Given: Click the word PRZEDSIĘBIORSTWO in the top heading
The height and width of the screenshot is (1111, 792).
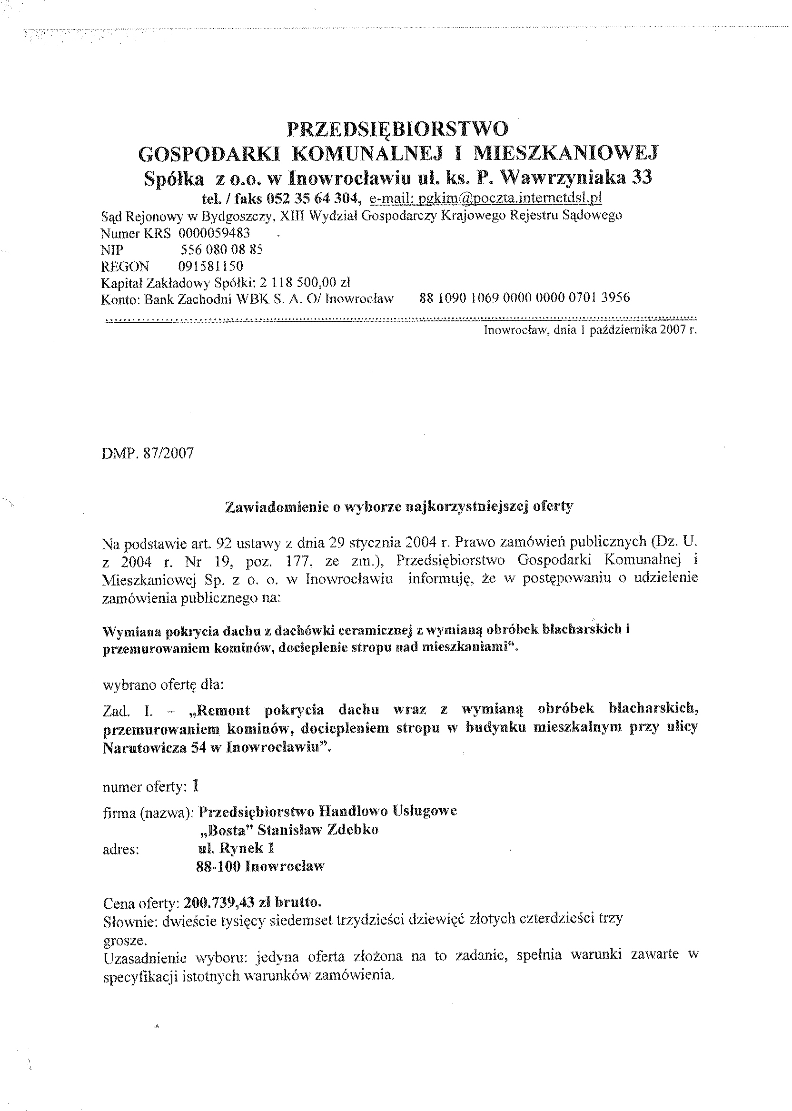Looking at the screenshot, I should (x=397, y=130).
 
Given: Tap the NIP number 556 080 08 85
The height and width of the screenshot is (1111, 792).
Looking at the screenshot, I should (x=222, y=250).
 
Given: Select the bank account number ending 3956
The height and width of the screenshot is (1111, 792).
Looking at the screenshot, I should (x=524, y=298).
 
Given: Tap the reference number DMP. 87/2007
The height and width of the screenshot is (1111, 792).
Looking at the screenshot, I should (x=148, y=454).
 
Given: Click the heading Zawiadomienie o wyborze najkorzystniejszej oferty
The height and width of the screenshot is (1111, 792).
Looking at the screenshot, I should (x=398, y=507).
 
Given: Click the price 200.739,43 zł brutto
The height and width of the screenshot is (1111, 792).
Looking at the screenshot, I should (x=252, y=903).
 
